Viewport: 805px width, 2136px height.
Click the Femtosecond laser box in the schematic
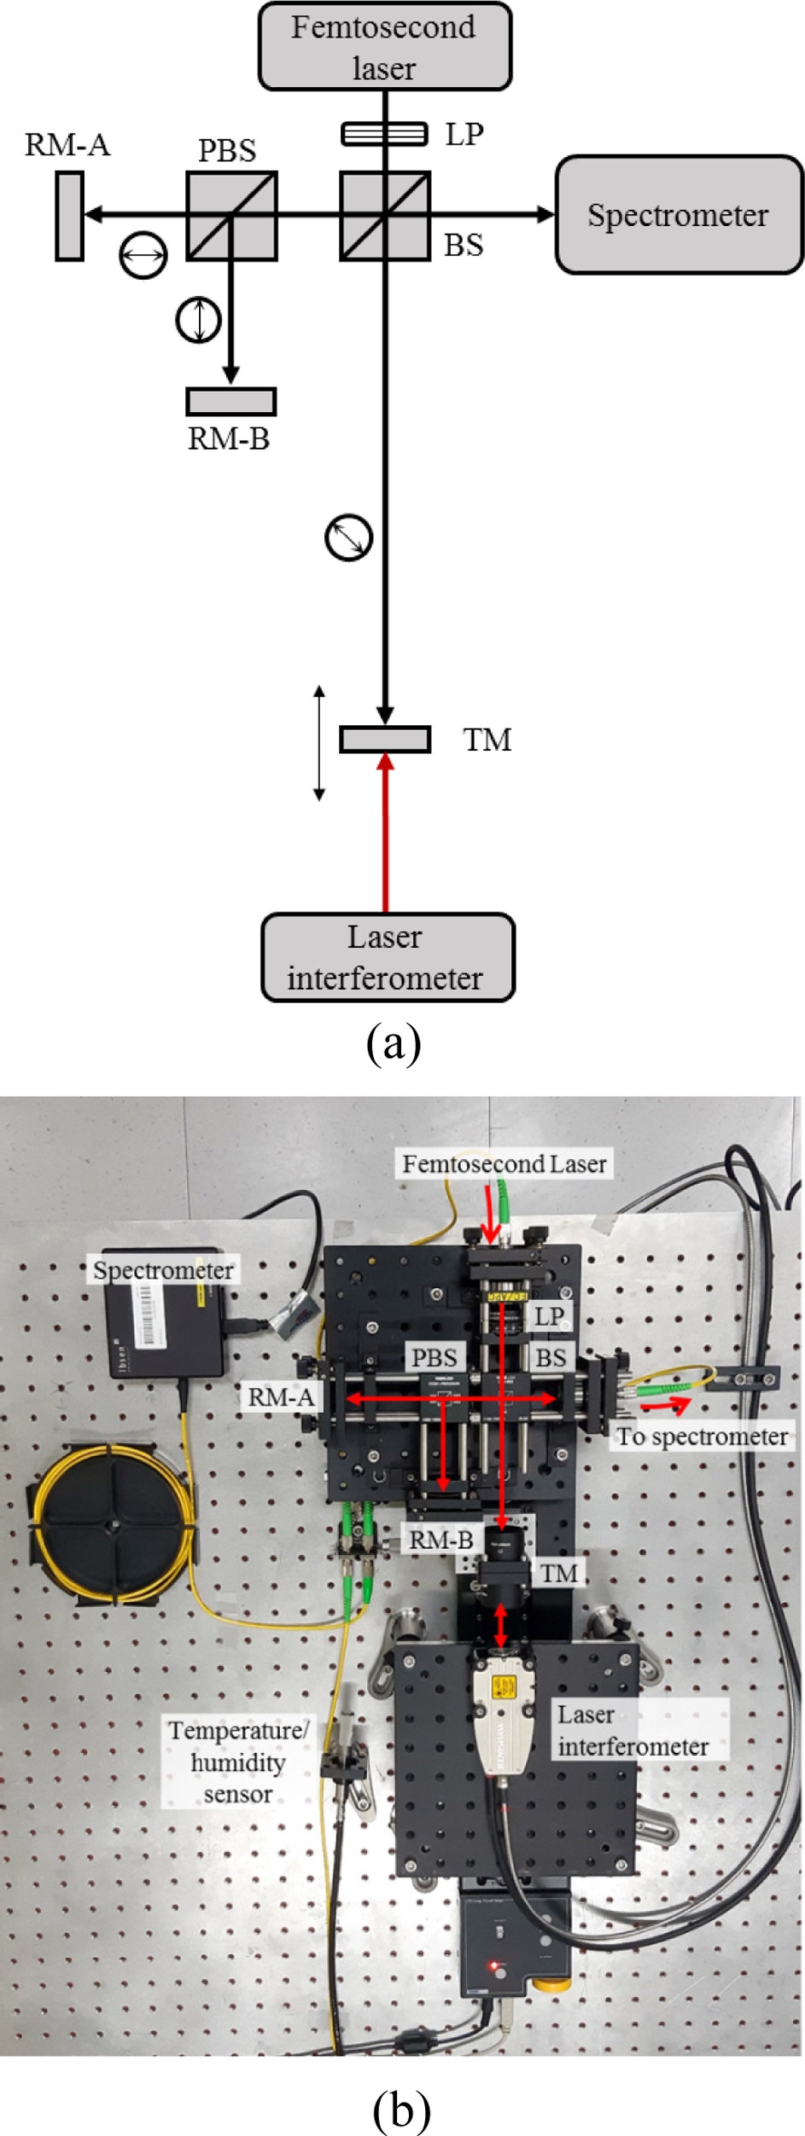(384, 47)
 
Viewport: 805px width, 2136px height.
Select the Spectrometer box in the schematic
(679, 214)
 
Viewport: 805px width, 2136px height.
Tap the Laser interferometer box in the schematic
(388, 957)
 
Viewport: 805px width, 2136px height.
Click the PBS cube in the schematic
(231, 216)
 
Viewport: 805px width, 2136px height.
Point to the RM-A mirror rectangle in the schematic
(69, 215)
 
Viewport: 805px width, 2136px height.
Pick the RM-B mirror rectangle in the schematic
(230, 401)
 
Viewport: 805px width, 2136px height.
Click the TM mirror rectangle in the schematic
(385, 739)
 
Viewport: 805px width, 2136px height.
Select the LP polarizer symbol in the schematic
(384, 134)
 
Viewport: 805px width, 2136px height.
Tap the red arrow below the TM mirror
(386, 832)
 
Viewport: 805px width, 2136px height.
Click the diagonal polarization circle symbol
(349, 537)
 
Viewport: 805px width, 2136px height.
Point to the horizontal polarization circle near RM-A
(143, 254)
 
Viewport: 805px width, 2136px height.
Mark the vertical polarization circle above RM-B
(198, 321)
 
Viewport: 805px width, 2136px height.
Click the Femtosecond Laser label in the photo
(504, 1164)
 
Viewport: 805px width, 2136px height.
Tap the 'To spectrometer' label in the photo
(702, 1437)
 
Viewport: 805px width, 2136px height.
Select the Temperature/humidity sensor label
(237, 1762)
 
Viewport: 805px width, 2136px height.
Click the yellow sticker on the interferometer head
(505, 1686)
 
